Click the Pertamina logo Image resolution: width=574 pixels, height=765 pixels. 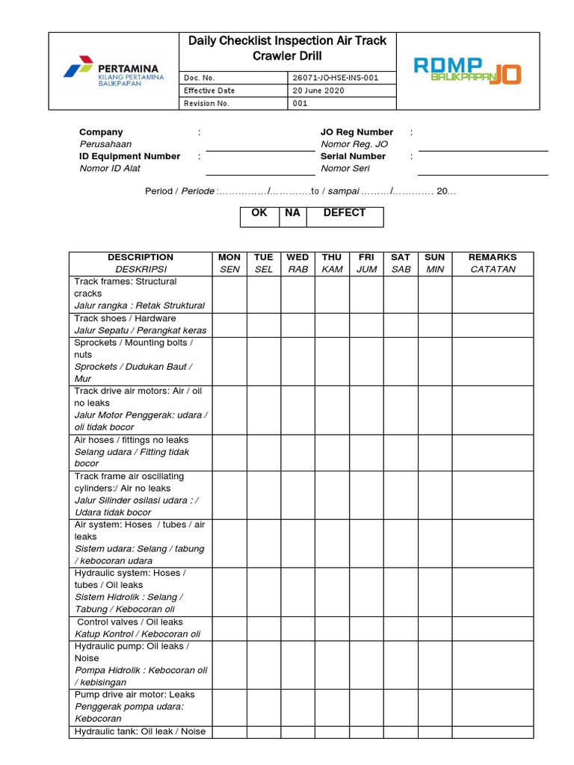[x=111, y=71]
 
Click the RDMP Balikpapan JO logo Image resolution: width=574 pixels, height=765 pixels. [x=467, y=71]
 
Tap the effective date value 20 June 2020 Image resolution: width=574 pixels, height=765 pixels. [x=318, y=90]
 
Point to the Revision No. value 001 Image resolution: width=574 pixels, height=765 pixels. [x=300, y=103]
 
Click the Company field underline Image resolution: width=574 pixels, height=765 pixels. [x=260, y=150]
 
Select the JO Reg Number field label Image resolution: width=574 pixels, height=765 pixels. [x=357, y=132]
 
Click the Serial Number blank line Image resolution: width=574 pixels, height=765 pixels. [x=483, y=174]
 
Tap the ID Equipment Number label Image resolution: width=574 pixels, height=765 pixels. [x=129, y=156]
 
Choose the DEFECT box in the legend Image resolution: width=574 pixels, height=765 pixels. [x=344, y=217]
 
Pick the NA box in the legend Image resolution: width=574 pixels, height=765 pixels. [x=292, y=217]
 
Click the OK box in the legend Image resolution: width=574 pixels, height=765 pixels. [x=259, y=217]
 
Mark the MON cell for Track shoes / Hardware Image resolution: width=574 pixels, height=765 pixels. [x=229, y=324]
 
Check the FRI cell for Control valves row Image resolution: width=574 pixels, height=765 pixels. [x=366, y=628]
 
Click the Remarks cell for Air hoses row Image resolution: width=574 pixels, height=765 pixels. [x=492, y=452]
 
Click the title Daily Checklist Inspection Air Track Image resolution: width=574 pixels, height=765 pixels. [x=288, y=40]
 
